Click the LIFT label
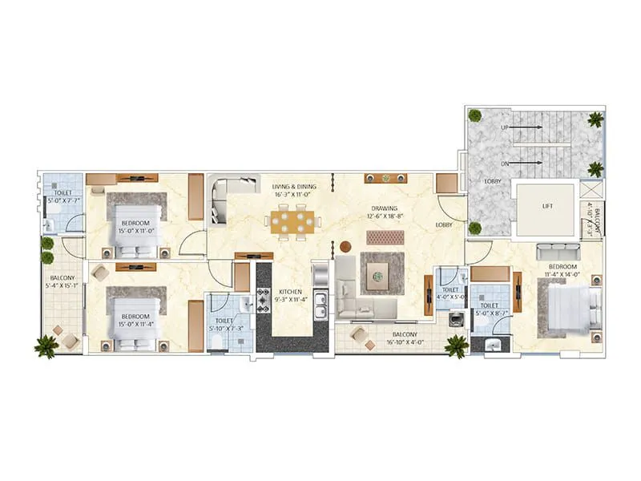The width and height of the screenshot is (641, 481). tap(547, 206)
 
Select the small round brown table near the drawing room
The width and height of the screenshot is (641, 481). tap(345, 246)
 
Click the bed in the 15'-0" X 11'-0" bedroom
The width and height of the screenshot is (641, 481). tap(137, 225)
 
